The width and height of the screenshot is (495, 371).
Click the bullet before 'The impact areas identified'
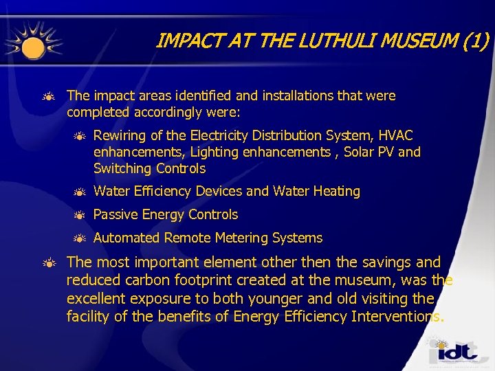49,96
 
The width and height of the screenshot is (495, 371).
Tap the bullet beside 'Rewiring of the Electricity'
79,136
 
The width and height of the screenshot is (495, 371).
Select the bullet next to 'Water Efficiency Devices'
79,192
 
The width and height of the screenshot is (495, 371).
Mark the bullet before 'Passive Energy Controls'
79,215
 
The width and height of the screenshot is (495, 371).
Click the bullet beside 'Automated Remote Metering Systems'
79,238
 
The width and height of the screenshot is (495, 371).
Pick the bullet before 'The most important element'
49,263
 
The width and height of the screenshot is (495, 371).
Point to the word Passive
114,214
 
